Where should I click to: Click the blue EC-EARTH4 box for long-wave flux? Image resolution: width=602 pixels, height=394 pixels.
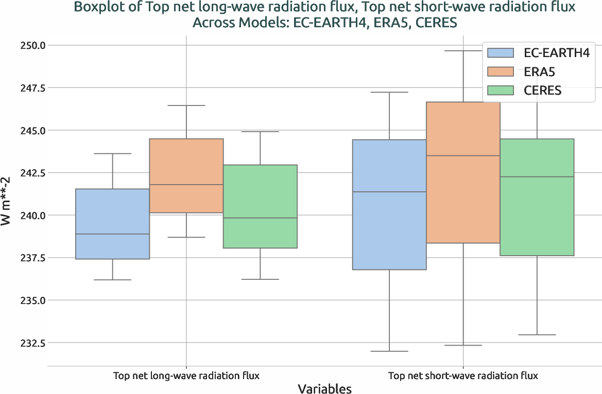112,224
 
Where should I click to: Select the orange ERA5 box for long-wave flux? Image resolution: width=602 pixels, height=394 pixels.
186,175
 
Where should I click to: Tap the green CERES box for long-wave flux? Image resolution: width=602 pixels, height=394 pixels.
260,206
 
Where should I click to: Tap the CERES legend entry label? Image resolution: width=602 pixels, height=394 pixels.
542,91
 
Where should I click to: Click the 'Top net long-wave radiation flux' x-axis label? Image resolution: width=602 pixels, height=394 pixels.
186,375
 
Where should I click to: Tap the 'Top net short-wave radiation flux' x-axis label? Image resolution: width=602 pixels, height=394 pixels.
463,375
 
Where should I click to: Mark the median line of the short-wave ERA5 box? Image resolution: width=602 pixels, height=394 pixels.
463,156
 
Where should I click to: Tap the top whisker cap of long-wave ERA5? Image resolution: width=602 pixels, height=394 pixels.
186,105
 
